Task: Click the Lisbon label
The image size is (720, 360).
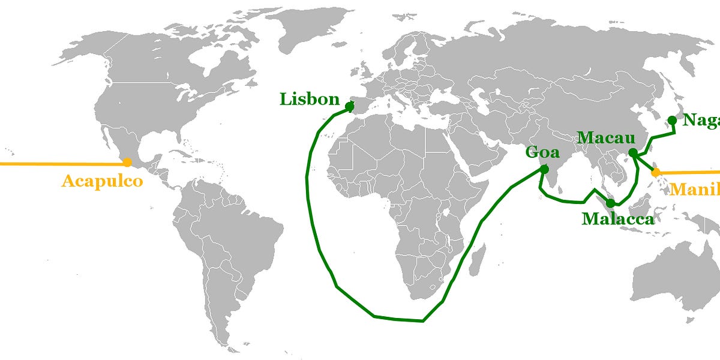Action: (310, 100)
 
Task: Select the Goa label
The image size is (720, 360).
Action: (542, 152)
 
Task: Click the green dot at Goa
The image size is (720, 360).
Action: (544, 169)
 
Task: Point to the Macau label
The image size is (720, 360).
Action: (606, 139)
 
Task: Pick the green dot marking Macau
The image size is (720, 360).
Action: (632, 153)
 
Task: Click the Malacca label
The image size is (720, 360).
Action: (617, 219)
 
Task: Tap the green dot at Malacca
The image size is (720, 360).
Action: (610, 203)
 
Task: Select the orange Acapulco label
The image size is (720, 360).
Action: (102, 181)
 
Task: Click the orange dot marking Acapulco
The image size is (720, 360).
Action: (127, 162)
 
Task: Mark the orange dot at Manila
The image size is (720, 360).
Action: (656, 172)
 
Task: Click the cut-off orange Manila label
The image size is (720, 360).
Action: (695, 190)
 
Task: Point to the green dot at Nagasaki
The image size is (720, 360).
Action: (672, 121)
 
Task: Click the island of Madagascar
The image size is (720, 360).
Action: (478, 259)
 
